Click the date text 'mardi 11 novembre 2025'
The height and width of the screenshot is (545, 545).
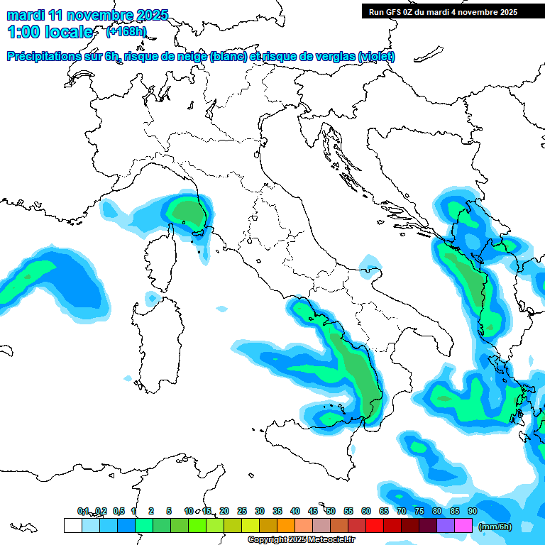pos(87,15)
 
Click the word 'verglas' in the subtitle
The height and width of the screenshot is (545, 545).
pos(331,57)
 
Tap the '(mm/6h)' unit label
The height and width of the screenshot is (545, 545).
pos(495,527)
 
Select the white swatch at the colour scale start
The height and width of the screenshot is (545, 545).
pos(72,526)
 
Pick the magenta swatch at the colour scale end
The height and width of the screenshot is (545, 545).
pos(463,526)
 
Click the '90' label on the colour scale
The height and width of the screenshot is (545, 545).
pos(473,511)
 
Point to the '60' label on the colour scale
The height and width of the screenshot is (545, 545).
pos(366,511)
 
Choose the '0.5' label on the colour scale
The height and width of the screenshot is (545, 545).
pos(119,511)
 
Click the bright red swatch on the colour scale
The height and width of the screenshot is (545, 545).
pos(375,526)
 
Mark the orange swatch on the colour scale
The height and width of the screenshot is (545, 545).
pos(286,526)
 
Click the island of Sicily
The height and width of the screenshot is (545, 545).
pos(312,444)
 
